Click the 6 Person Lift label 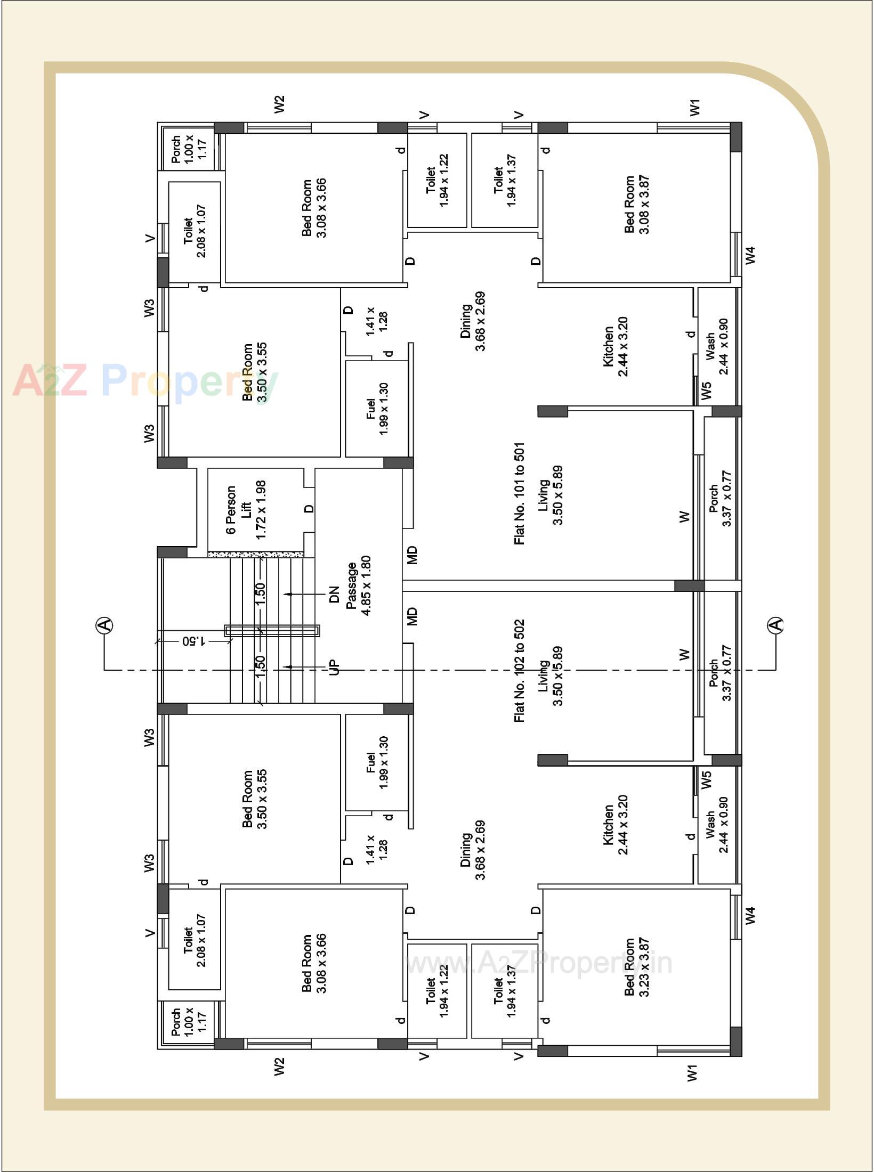(246, 512)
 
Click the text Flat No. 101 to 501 (520, 493)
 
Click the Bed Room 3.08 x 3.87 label (637, 205)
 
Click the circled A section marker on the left (105, 625)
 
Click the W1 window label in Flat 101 (694, 107)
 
